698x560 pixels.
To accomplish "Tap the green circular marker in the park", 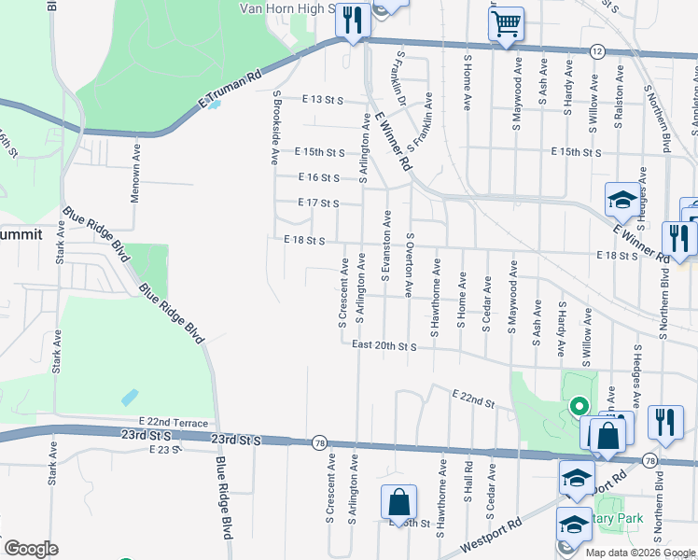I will click(579, 406).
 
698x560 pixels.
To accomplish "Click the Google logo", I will click(31, 549).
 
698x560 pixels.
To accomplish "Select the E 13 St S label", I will click(323, 100).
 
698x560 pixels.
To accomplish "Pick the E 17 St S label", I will click(317, 203).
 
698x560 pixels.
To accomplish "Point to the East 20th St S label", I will click(384, 345).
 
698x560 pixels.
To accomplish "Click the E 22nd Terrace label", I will click(173, 423).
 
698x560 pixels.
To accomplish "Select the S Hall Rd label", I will click(468, 482).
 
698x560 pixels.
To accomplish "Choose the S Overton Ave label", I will click(409, 264).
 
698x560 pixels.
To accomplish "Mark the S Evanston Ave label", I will click(385, 245).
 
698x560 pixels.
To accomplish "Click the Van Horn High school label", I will click(287, 8).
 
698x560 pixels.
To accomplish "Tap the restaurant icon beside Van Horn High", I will click(352, 21).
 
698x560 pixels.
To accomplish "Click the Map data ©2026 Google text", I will click(640, 553).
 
